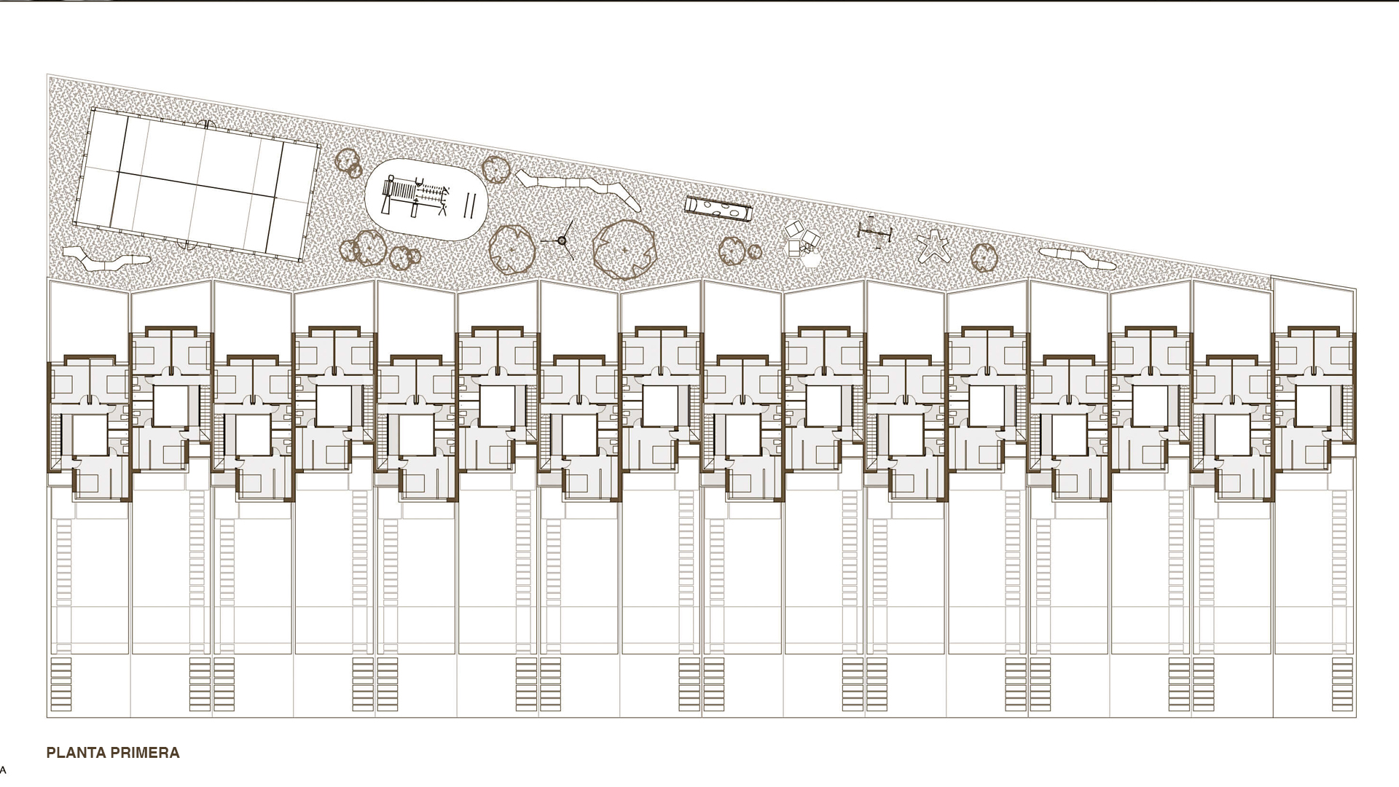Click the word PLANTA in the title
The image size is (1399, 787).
(x=74, y=753)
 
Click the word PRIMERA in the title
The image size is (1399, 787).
(x=144, y=753)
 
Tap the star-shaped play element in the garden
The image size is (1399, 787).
(x=933, y=246)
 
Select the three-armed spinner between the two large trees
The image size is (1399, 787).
(x=562, y=240)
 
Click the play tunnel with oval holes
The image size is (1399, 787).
(x=718, y=208)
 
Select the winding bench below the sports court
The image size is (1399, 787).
(x=106, y=257)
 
